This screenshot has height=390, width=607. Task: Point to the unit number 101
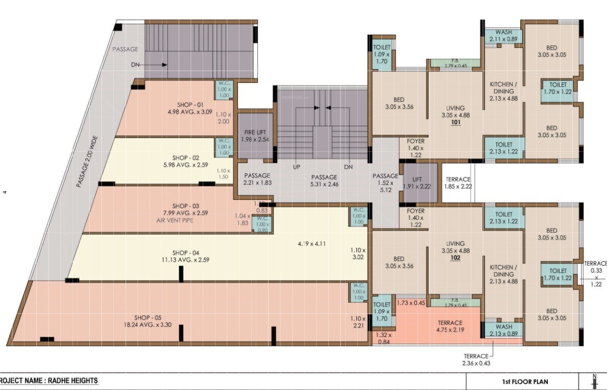pyautogui.click(x=455, y=123)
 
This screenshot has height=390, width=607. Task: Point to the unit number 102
pyautogui.click(x=455, y=258)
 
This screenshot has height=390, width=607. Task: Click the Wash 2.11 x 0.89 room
pyautogui.click(x=503, y=36)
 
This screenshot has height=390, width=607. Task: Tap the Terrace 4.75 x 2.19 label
pyautogui.click(x=450, y=326)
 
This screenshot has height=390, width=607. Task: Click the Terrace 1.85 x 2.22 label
pyautogui.click(x=459, y=183)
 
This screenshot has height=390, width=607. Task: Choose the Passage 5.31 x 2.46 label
pyautogui.click(x=324, y=180)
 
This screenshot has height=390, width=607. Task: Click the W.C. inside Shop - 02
pyautogui.click(x=224, y=146)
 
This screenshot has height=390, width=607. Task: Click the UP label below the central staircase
pyautogui.click(x=296, y=167)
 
